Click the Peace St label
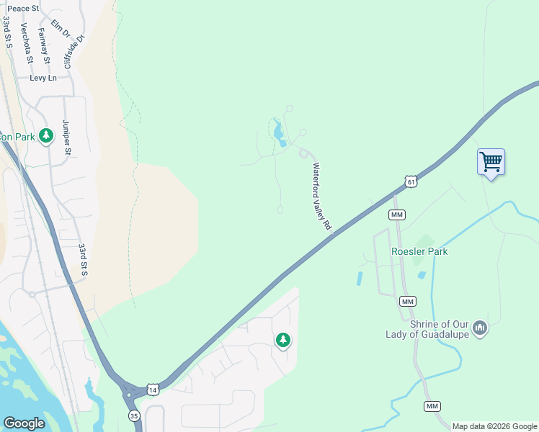click(x=23, y=8)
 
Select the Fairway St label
click(x=45, y=41)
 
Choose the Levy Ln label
click(x=43, y=78)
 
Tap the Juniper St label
click(x=67, y=137)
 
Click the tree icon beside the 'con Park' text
click(x=47, y=135)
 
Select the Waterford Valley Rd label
click(x=321, y=196)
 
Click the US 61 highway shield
click(x=410, y=182)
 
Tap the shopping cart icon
click(x=491, y=162)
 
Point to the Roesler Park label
click(x=419, y=251)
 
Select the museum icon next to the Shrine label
click(x=481, y=329)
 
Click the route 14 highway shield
click(x=152, y=390)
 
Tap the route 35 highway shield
click(x=134, y=415)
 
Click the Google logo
click(x=24, y=423)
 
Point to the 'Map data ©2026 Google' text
click(x=494, y=426)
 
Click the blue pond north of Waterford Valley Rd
click(x=278, y=134)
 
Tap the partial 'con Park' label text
click(x=17, y=136)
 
